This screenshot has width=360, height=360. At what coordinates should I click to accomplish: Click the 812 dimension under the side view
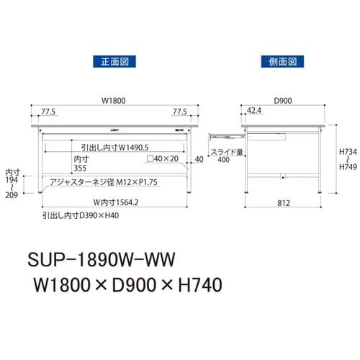pos(282,203)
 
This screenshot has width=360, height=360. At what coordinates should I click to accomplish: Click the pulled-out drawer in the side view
pos(224,134)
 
